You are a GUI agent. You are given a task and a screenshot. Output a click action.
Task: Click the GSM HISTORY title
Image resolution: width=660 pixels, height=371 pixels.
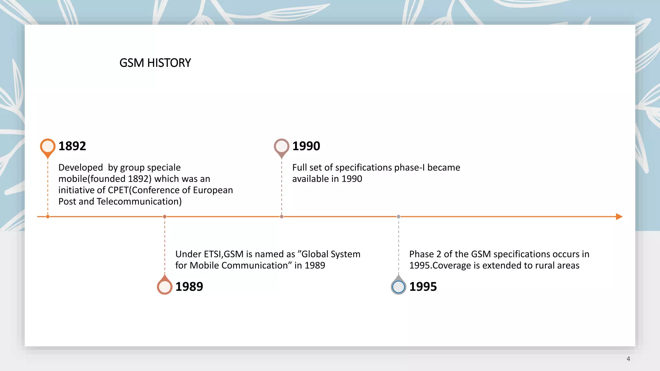(155, 63)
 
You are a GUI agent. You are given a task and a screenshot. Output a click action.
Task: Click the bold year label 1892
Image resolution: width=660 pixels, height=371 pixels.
(72, 146)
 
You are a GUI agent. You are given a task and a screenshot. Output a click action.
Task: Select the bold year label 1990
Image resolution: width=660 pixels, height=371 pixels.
(306, 146)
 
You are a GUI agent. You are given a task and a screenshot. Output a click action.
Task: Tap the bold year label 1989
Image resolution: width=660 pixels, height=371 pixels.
(189, 287)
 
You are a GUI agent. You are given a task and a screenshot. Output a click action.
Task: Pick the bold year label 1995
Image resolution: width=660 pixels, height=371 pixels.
(423, 287)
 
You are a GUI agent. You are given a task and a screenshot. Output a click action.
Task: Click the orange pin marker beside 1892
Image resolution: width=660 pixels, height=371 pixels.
(48, 147)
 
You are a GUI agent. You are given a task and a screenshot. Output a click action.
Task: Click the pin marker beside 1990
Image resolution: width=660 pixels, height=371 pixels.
(281, 147)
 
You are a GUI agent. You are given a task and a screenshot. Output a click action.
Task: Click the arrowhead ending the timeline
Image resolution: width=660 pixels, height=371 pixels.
(619, 217)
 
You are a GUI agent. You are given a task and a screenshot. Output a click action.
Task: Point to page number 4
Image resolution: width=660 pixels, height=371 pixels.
(628, 359)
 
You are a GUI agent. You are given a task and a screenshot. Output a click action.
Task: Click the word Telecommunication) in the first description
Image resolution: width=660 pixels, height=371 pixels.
(139, 202)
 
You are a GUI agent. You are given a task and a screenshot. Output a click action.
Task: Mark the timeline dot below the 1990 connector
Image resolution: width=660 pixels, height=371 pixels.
(282, 217)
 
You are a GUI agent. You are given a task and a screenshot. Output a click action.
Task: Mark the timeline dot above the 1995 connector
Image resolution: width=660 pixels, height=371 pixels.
(399, 217)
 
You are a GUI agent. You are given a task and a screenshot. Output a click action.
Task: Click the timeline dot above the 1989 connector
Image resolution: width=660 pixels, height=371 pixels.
(165, 217)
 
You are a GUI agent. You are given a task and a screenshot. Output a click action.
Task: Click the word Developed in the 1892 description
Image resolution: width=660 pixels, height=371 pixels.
(81, 167)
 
